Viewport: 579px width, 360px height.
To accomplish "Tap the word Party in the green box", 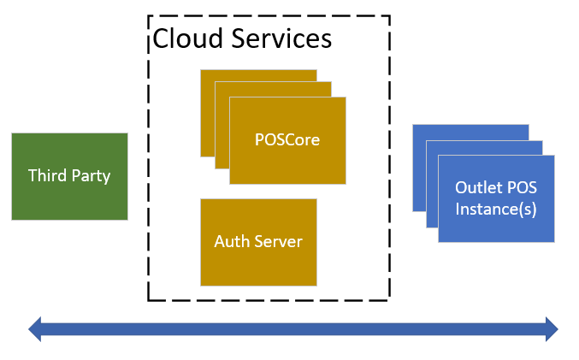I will [x=90, y=176].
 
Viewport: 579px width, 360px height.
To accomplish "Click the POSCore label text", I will [x=287, y=139].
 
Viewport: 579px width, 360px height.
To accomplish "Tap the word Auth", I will [x=230, y=241].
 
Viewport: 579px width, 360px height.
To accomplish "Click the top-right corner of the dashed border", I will [x=390, y=16].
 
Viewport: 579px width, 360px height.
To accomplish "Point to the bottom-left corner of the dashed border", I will [x=149, y=300].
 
